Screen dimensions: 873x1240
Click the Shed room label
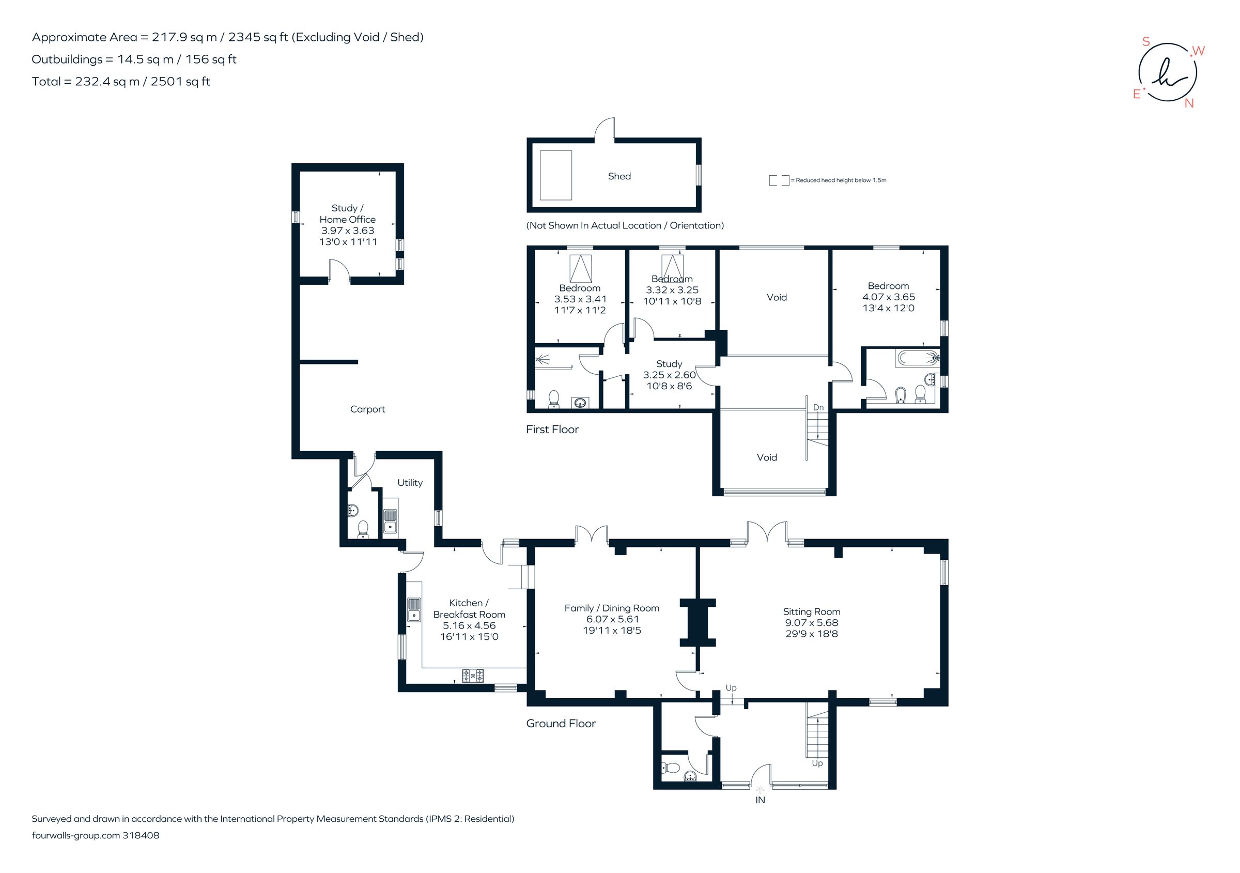[619, 176]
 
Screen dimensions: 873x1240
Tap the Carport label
[367, 409]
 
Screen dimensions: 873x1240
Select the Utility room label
[409, 482]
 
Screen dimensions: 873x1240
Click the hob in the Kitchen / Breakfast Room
[473, 675]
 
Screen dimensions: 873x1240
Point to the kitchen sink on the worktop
[414, 609]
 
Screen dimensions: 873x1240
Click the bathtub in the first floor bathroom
[917, 358]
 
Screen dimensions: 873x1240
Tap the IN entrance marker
[760, 800]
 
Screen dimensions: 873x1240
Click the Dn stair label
[818, 407]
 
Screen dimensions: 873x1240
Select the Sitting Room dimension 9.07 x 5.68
[811, 622]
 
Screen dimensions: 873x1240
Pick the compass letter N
[1189, 103]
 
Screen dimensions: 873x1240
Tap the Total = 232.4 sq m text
[121, 82]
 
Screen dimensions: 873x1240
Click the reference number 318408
[141, 835]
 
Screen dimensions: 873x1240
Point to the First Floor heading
[552, 430]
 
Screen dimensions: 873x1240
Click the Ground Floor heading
[561, 723]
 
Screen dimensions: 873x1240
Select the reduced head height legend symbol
[779, 180]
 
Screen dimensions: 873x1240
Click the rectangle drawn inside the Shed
[556, 176]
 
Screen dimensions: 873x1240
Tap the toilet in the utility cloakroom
[363, 528]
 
